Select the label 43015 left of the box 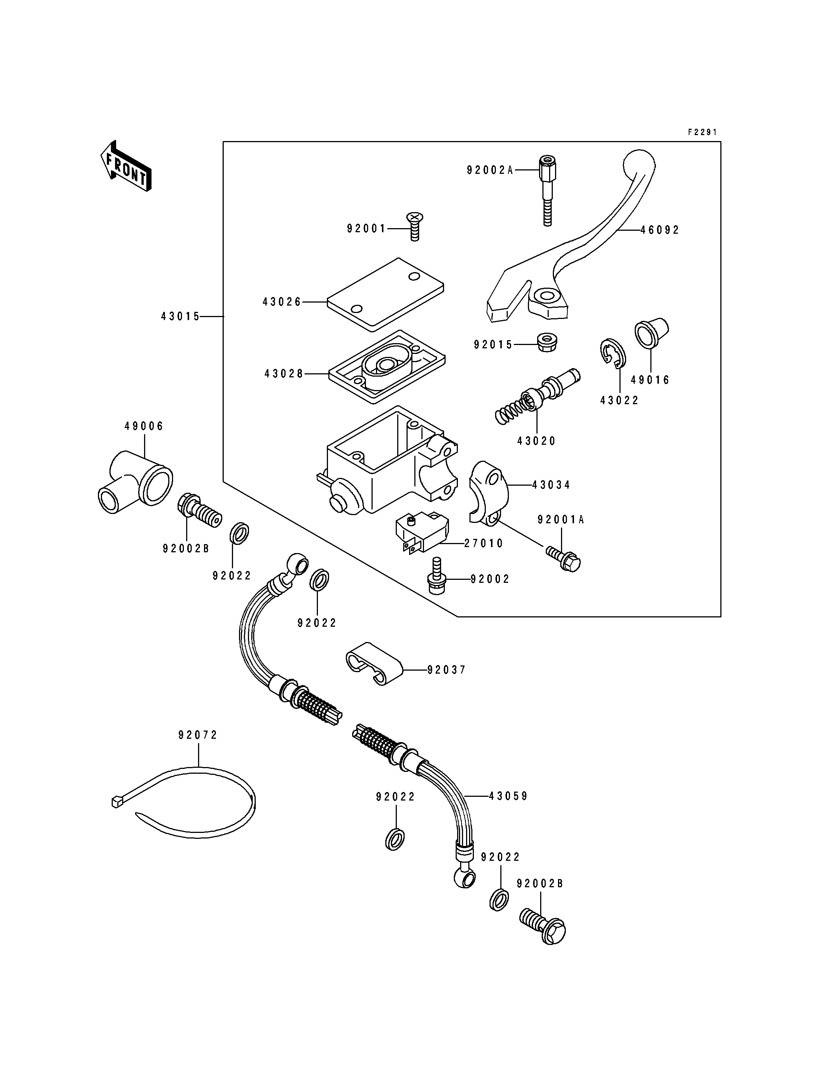(181, 317)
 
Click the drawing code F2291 (702, 132)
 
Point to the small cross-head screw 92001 (414, 226)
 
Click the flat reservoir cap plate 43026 (385, 294)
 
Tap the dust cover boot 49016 (651, 333)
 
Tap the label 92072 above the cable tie (198, 735)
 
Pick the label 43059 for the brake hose (508, 796)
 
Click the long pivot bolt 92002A (547, 191)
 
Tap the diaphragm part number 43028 (284, 374)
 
